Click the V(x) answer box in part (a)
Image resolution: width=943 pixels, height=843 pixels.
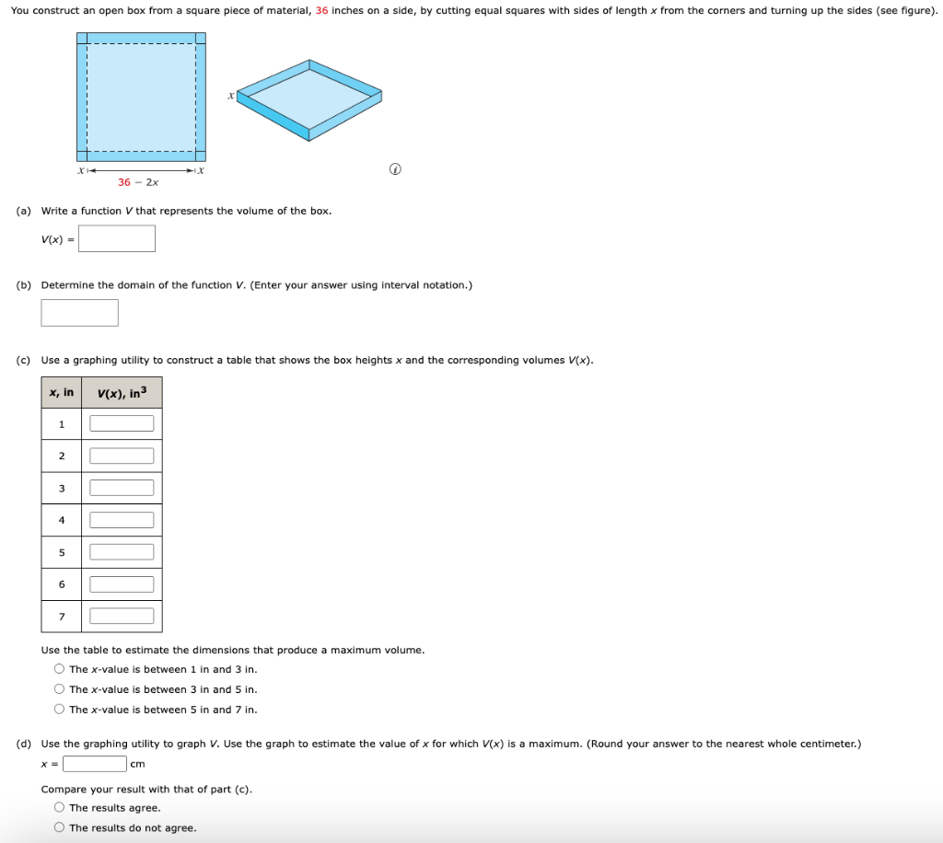116,239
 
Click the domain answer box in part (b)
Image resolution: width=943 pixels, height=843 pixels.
79,313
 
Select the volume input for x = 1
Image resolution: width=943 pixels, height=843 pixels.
122,424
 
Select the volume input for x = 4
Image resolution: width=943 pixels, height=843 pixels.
122,520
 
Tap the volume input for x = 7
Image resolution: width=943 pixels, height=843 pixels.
122,616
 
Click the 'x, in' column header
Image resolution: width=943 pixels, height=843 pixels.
62,393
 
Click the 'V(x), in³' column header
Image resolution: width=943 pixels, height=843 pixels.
122,393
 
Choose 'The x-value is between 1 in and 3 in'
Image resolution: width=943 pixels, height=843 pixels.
60,669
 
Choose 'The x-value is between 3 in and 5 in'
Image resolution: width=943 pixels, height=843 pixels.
60,689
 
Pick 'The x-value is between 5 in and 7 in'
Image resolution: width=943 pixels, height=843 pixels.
60,710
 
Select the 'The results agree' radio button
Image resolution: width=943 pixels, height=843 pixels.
60,808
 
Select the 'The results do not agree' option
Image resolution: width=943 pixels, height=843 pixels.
60,827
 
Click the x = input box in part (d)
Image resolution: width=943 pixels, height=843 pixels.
95,764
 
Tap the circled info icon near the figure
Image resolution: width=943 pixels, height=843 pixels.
395,169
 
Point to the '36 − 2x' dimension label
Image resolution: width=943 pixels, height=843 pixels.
138,182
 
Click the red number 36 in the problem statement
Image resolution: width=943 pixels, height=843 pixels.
322,10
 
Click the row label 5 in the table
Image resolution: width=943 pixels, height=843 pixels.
62,552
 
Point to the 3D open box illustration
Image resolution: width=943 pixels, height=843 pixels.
309,99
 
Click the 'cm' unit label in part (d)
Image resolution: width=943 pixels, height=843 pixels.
138,764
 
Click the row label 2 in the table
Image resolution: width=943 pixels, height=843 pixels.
62,456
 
